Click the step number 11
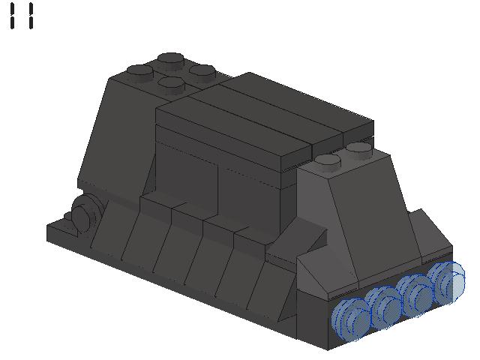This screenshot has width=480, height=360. coord(22,16)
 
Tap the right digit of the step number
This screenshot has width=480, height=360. coord(30,16)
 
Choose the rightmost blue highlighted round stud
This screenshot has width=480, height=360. coord(448,279)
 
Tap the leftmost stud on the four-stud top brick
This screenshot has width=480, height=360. coord(140,71)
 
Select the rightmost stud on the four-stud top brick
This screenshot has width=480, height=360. coord(202,71)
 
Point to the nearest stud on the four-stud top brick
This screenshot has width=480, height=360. coord(172,84)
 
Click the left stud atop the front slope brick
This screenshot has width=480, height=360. coord(328,160)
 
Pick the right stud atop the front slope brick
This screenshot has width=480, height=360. coord(359,148)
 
